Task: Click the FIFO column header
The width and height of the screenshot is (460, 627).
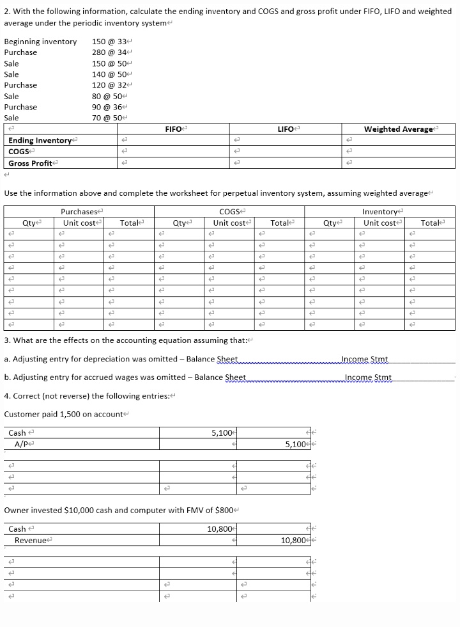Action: point(174,129)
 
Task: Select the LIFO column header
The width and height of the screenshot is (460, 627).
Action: point(286,129)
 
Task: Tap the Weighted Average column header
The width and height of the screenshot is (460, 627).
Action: point(399,129)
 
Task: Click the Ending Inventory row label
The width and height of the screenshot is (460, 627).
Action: point(39,140)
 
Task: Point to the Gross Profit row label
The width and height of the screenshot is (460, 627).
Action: point(31,163)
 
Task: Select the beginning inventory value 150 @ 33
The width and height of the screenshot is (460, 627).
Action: point(111,42)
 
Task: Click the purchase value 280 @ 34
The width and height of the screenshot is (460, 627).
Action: point(111,52)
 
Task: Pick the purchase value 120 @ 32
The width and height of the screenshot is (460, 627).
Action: point(111,85)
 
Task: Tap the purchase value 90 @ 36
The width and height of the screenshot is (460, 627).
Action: point(109,107)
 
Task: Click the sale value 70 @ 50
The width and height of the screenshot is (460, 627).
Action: point(109,118)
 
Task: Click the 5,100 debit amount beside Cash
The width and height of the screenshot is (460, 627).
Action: point(221,433)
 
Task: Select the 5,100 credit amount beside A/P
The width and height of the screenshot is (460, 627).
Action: point(297,444)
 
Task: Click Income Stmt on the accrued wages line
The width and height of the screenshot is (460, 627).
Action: point(368,377)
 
